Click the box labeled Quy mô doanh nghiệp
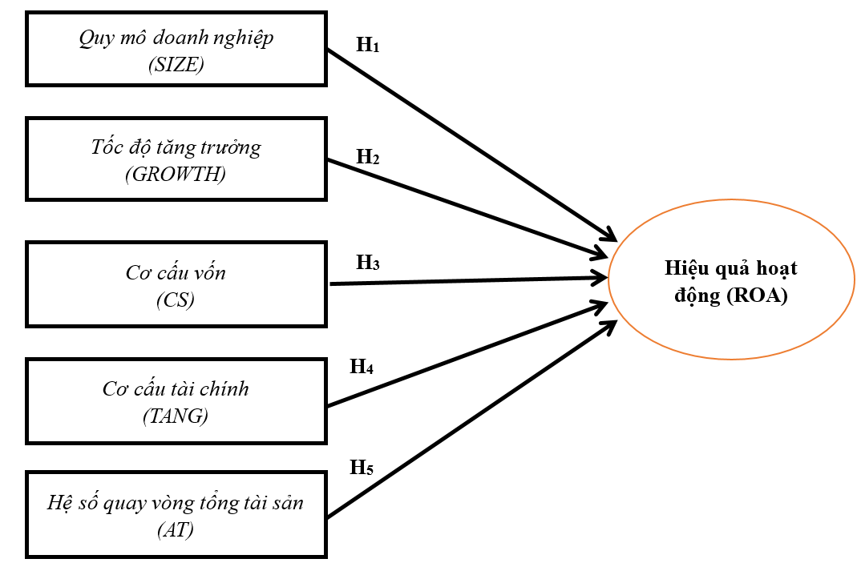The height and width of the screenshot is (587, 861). pyautogui.click(x=176, y=48)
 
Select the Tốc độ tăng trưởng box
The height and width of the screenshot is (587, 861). pyautogui.click(x=176, y=159)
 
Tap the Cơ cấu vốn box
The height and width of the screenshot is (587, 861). pyautogui.click(x=176, y=284)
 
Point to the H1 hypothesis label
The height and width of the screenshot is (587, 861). pyautogui.click(x=367, y=45)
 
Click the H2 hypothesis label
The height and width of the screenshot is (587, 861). pyautogui.click(x=367, y=157)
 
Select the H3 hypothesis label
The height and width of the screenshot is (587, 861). pyautogui.click(x=367, y=262)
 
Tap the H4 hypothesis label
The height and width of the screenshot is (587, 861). pyautogui.click(x=362, y=368)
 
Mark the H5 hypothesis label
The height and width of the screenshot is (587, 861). pyautogui.click(x=362, y=468)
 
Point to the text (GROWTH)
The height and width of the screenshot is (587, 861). pyautogui.click(x=176, y=175)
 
